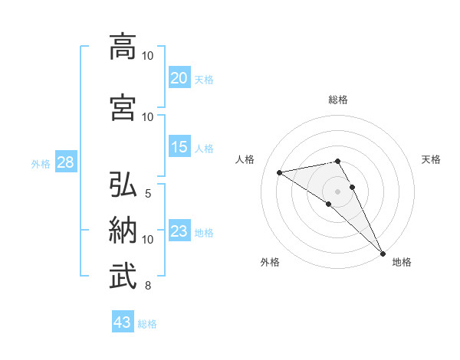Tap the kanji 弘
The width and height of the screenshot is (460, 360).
coord(123,185)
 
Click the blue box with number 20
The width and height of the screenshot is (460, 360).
coord(179,78)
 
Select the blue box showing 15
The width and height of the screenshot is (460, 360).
coord(179,147)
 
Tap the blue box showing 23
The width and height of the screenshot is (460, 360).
coord(179,232)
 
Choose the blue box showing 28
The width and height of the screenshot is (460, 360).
coord(65,163)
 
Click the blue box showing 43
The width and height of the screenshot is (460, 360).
coord(123,323)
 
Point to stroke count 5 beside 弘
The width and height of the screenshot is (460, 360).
coord(147,193)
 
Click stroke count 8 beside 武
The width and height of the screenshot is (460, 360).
coord(147,286)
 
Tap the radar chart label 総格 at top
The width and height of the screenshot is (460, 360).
coord(338,100)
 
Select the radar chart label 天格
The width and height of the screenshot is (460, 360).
coord(432,159)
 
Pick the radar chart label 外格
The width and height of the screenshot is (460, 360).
coord(270,263)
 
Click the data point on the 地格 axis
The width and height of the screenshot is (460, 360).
coord(383,254)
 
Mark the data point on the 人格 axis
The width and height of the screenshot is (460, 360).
coord(280,172)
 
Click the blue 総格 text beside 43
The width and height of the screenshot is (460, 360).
coord(147,324)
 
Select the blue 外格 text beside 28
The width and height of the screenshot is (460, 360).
coord(41,164)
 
